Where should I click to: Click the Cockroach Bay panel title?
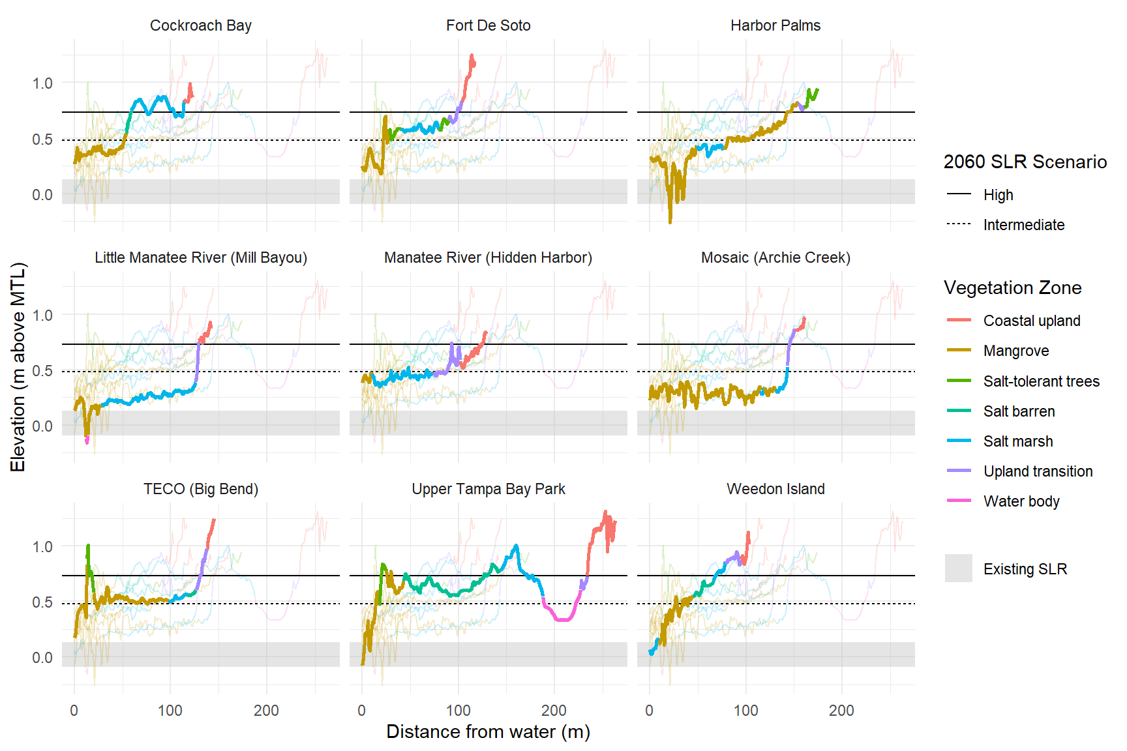coord(200,25)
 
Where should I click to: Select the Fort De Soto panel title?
coord(488,25)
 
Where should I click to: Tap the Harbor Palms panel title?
coord(775,25)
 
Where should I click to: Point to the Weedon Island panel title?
coord(775,489)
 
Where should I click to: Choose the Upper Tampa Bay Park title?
coord(488,489)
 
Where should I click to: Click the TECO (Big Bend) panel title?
coord(200,489)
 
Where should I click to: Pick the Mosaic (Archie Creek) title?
coord(775,258)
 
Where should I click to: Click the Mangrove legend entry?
coord(1015,351)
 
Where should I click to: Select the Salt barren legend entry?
coord(1019,411)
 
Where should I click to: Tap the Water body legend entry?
coord(1021,501)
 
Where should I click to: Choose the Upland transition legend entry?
coord(1038,471)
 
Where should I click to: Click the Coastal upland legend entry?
coord(1031,321)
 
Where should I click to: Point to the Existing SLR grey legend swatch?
coord(958,568)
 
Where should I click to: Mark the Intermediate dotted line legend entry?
coord(1023,225)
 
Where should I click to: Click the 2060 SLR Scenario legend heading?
coord(1025,162)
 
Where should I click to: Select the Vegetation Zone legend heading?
coord(1012,287)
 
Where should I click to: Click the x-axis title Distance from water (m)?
coord(488,731)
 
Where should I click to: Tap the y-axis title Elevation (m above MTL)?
coord(18,367)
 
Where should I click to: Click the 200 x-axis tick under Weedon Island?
coord(841,711)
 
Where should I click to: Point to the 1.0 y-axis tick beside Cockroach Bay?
coord(42,83)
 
